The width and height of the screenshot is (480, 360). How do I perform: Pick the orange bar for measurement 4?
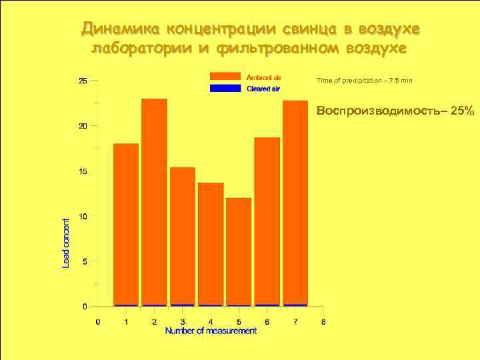coord(211,243)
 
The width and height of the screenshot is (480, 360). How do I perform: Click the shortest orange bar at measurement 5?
coord(239,251)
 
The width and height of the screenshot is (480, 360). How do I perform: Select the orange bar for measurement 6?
coord(267,221)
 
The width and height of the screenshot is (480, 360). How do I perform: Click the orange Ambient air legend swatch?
coord(225,76)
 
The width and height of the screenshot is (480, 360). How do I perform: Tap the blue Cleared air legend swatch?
coord(225,88)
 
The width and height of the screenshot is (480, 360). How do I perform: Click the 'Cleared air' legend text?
coord(263,89)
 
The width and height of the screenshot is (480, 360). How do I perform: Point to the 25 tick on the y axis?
coord(83,81)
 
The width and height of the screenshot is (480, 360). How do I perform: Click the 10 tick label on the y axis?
coord(83,216)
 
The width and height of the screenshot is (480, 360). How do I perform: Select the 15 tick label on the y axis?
coord(83,171)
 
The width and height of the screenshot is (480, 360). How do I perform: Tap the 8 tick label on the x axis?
coord(323,322)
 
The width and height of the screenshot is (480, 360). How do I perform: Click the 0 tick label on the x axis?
coord(98,322)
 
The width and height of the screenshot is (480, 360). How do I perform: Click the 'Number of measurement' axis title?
coord(211,331)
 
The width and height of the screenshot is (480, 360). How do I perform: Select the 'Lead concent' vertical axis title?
coord(66,243)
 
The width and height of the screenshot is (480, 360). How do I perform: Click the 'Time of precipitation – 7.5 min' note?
coord(365,81)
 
